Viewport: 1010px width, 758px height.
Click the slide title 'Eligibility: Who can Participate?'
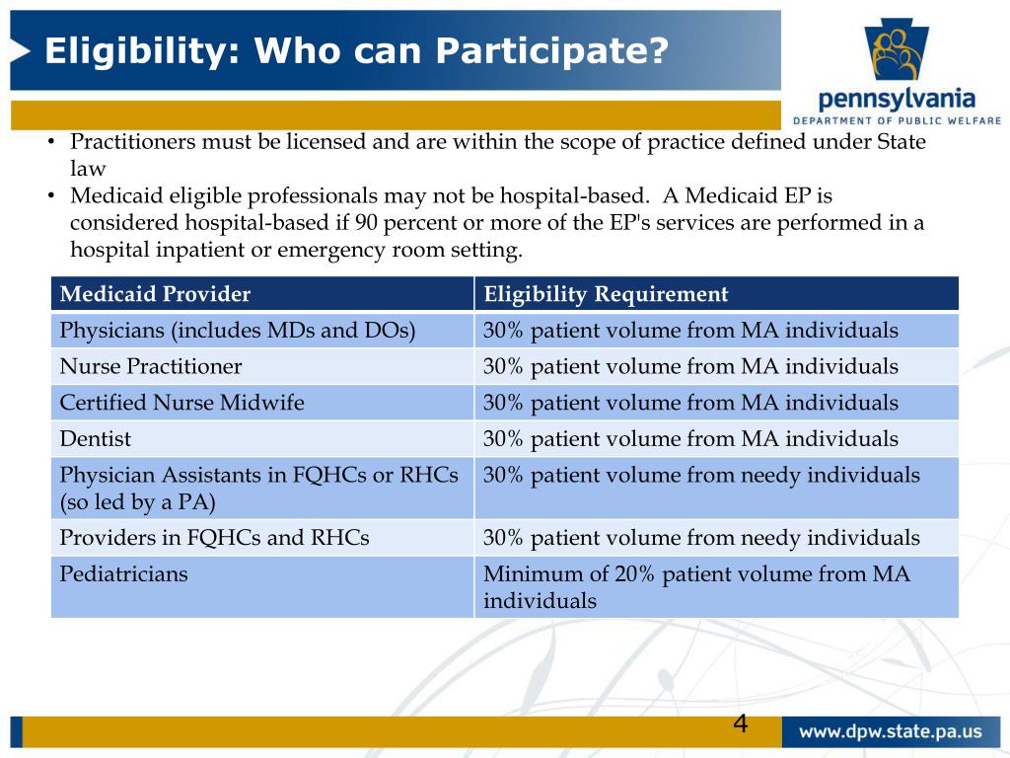coord(356,51)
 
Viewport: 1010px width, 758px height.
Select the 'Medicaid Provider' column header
coord(156,294)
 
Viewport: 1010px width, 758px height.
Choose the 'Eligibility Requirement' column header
coord(606,294)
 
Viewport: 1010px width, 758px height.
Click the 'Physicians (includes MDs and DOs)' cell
coord(238,331)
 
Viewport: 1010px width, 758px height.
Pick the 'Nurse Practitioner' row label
coord(151,367)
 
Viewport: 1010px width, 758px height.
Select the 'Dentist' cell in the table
coord(96,439)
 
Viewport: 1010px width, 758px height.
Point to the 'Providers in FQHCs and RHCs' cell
coord(215,538)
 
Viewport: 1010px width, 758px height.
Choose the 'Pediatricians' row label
coord(124,573)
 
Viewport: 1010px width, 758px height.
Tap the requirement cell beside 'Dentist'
coord(690,439)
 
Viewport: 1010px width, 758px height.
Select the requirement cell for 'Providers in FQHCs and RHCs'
coord(701,538)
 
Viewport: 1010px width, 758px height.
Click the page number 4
coord(740,724)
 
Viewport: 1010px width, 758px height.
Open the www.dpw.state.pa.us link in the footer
coord(890,732)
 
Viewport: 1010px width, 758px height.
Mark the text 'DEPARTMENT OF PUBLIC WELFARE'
coord(897,120)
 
